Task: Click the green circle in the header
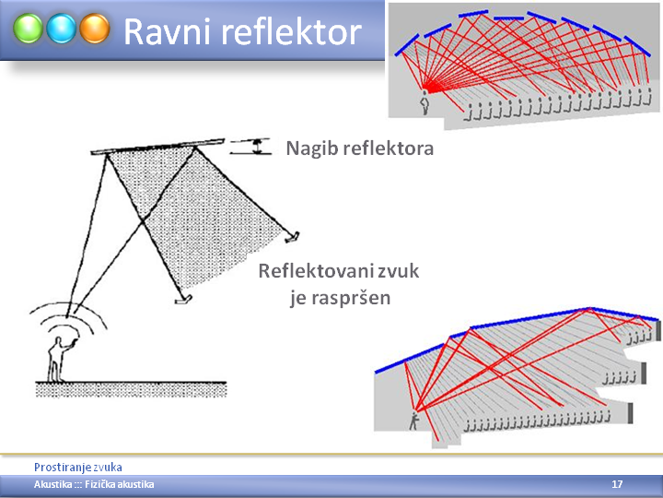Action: tap(28, 29)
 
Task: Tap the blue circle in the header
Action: tap(62, 29)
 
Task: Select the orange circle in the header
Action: tap(95, 29)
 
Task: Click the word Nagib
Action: tap(311, 149)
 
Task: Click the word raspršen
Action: tap(351, 299)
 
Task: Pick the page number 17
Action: tap(617, 484)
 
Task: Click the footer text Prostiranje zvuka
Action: tap(77, 468)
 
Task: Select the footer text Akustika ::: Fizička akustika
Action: tap(94, 484)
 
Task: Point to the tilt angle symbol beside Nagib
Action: tap(250, 146)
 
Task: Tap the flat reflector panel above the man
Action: tap(157, 146)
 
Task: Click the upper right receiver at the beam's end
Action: tap(293, 237)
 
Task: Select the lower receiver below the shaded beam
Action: tap(183, 300)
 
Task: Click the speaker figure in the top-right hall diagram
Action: tap(425, 102)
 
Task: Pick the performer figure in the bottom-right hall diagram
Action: tap(413, 421)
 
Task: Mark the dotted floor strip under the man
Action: tap(131, 389)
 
